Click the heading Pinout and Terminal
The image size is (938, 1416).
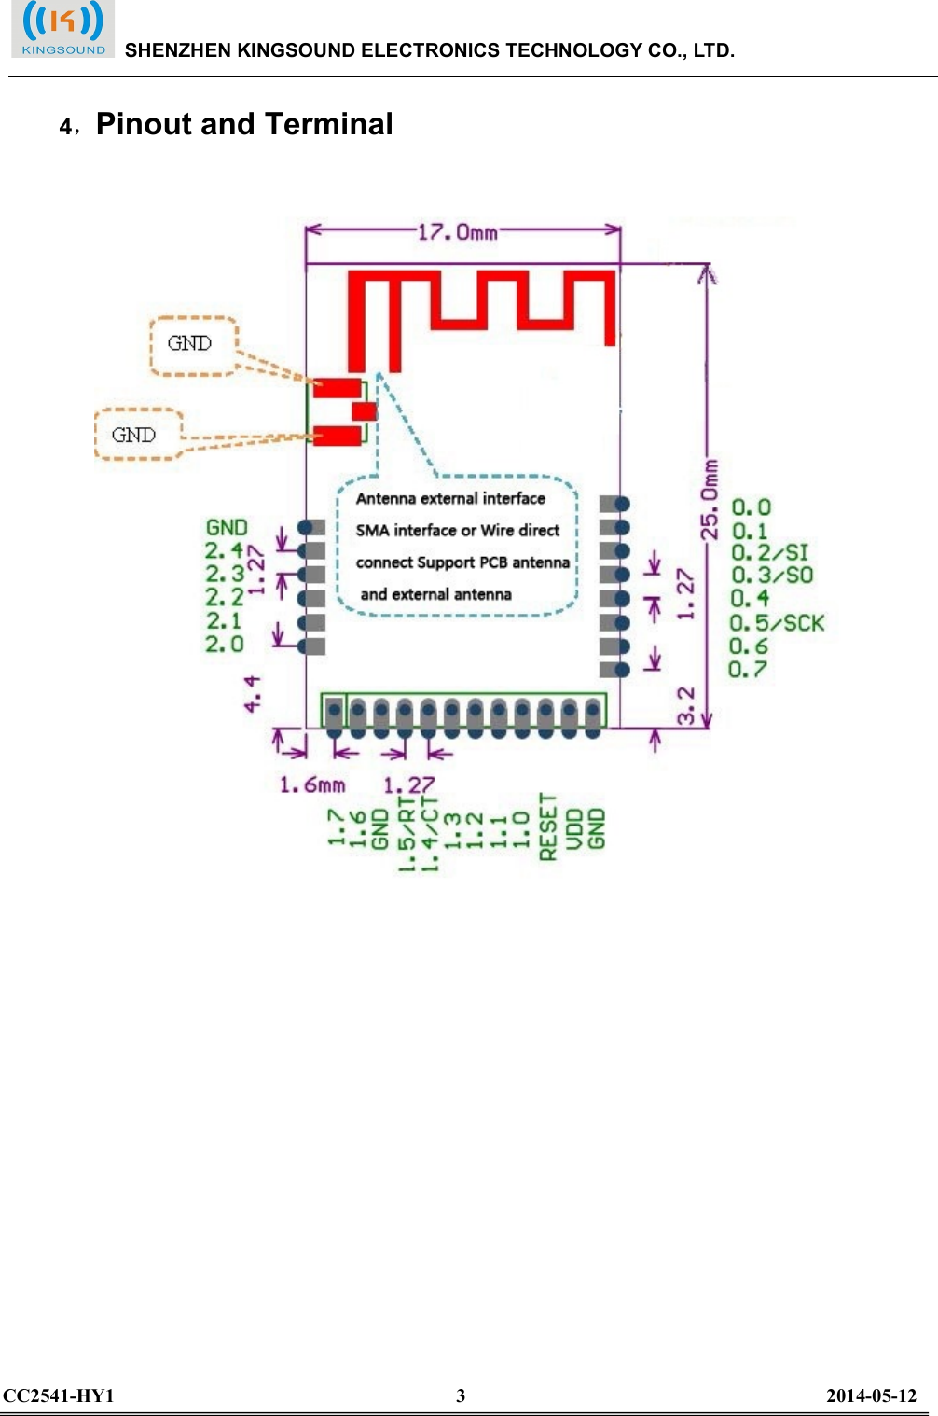(x=244, y=124)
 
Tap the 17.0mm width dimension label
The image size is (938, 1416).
(x=457, y=231)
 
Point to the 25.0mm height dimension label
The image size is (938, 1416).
(x=710, y=499)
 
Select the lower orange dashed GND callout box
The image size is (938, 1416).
(x=137, y=435)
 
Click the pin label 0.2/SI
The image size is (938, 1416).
(x=769, y=552)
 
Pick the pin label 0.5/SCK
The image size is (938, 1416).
(x=777, y=623)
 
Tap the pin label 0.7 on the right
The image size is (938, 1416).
(x=748, y=670)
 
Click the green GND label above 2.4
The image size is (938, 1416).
(x=227, y=528)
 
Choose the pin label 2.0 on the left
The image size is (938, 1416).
(x=225, y=645)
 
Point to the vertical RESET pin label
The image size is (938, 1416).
(x=548, y=826)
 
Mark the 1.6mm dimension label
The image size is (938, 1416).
(x=312, y=784)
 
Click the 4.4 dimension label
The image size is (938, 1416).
(x=253, y=694)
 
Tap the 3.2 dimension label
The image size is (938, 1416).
(x=686, y=705)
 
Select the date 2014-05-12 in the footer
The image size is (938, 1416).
(x=871, y=1395)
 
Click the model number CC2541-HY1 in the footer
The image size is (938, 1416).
(x=58, y=1395)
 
